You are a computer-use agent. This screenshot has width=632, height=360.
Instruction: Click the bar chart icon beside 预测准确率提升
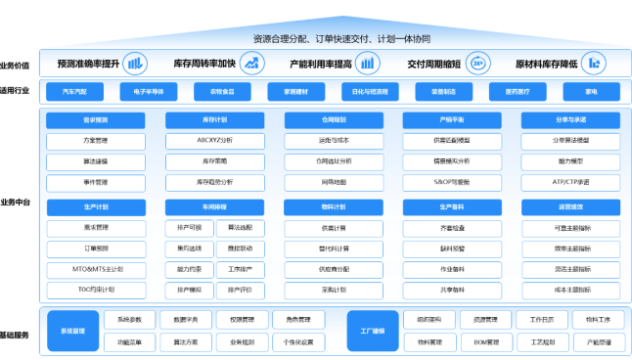(x=135, y=64)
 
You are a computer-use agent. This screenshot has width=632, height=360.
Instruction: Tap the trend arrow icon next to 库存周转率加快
(x=252, y=64)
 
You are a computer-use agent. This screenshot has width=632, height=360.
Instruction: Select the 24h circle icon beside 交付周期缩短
(x=478, y=64)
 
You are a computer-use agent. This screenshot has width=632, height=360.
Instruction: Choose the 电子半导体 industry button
(x=149, y=92)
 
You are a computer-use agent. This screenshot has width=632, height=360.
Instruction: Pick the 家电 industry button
(x=591, y=92)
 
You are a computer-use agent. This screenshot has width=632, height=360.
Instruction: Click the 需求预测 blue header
(x=95, y=120)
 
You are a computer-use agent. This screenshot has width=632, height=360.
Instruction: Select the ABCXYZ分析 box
(x=214, y=140)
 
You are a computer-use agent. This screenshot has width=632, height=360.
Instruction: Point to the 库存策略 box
(x=214, y=161)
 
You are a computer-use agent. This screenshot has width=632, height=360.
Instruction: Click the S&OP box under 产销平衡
(x=451, y=182)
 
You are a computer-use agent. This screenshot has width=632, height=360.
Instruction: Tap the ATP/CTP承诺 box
(x=570, y=182)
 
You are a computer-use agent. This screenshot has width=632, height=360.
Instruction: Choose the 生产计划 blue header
(x=95, y=207)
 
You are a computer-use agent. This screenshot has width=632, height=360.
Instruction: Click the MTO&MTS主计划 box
(x=95, y=269)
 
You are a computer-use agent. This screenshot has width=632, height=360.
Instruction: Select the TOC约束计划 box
(x=95, y=290)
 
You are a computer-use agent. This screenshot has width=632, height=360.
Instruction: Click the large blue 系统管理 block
(x=73, y=331)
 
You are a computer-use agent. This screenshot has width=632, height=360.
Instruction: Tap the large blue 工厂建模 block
(x=373, y=331)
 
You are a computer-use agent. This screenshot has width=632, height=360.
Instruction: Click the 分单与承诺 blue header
(x=570, y=120)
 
